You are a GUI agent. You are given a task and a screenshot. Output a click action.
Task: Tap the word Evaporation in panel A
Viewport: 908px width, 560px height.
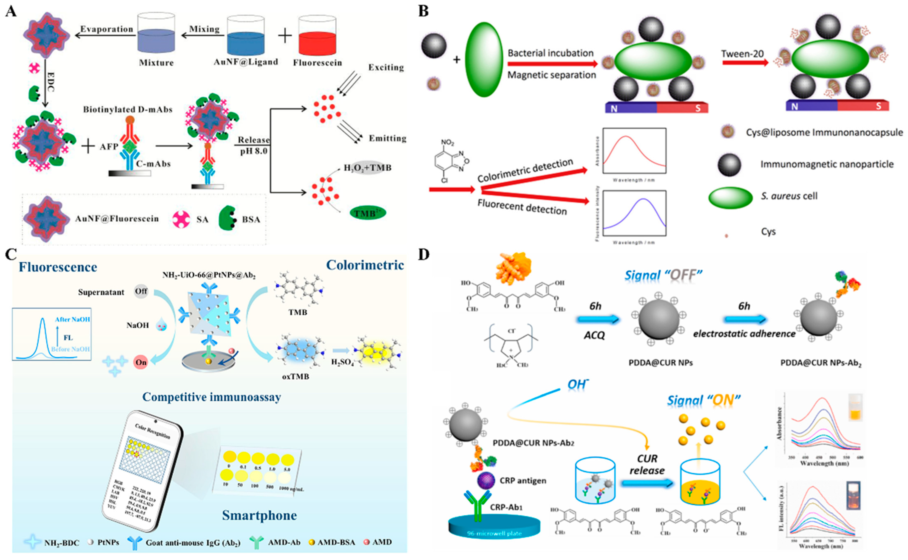coord(107,29)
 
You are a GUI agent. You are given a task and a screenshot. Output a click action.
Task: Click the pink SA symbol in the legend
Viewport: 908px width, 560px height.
coord(181,219)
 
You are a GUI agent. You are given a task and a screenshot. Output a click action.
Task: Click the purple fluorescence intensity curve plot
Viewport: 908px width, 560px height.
coord(634,213)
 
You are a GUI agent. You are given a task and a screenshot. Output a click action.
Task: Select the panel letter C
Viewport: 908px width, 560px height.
coord(11,254)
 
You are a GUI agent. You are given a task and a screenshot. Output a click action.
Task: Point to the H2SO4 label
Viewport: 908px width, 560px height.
coord(342,362)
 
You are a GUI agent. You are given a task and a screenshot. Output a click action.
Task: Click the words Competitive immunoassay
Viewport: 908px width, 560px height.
coord(212,397)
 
